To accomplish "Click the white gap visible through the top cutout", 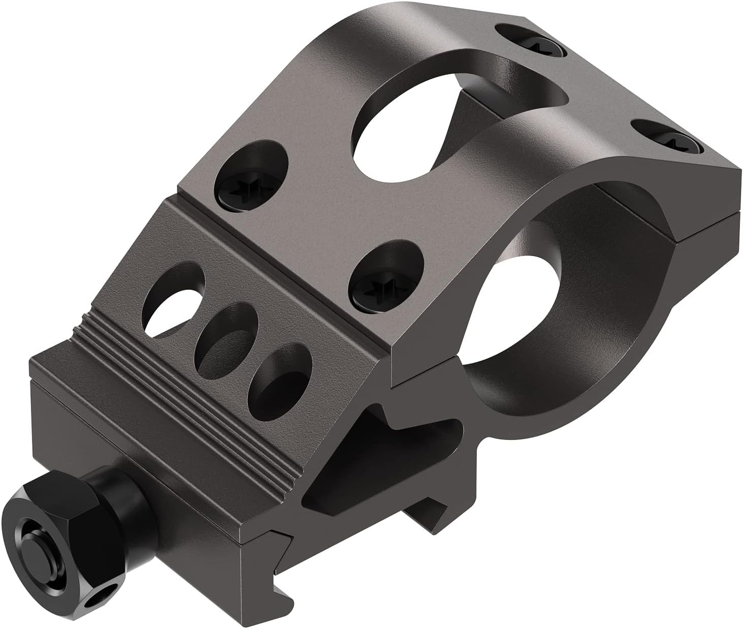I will coord(465,114).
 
